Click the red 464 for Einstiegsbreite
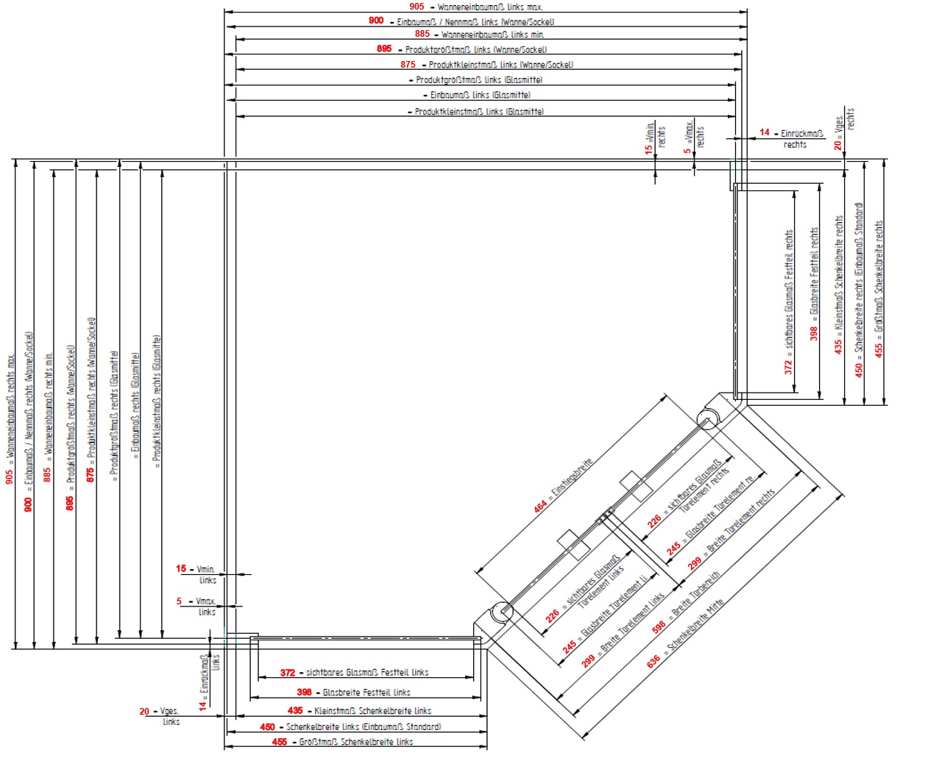[541, 506]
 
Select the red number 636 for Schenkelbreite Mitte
[653, 662]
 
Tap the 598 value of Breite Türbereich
[659, 626]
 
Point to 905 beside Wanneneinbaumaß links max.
[417, 7]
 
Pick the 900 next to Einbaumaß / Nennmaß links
[376, 21]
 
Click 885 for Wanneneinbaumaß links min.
[422, 34]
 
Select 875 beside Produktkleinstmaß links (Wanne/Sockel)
[408, 65]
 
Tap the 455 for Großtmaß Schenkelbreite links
[280, 742]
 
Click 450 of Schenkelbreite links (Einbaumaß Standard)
[267, 726]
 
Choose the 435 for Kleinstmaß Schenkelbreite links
[295, 710]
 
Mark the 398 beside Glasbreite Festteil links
[304, 692]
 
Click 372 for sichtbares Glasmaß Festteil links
[288, 672]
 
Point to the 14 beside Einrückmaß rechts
[765, 132]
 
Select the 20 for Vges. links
[144, 711]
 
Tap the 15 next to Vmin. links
[181, 568]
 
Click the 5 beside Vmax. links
[179, 601]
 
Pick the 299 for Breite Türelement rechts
[695, 563]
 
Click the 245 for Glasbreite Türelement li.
[570, 647]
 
